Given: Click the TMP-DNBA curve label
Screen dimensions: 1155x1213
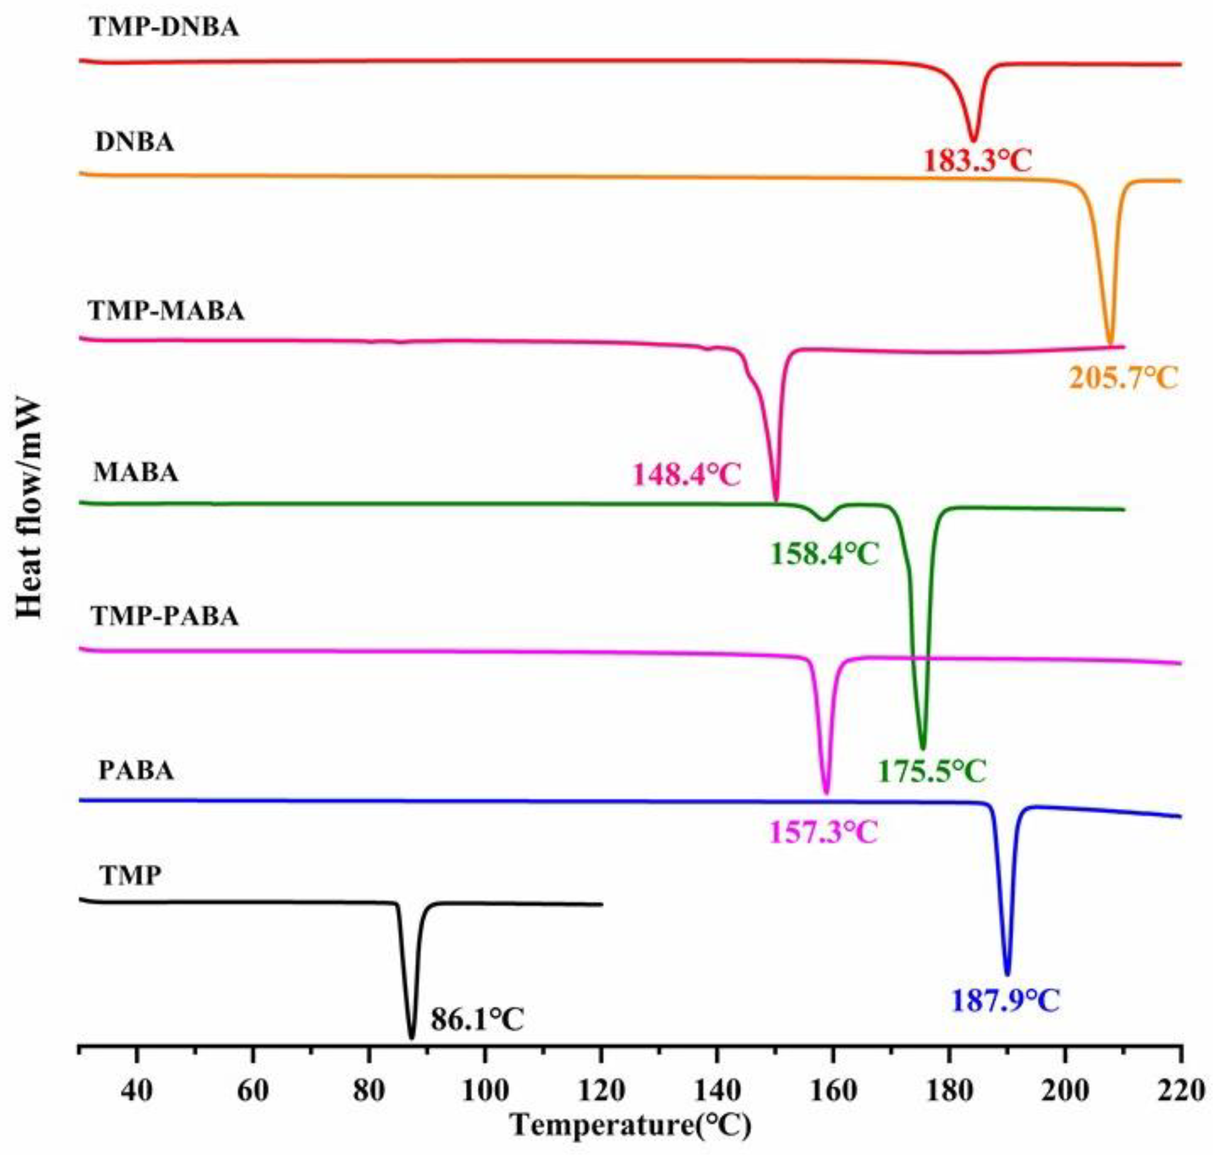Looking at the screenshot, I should coord(164,28).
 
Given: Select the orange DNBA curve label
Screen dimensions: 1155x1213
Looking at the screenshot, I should coord(134,143).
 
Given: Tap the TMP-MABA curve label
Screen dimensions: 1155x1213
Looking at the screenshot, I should coord(166,311).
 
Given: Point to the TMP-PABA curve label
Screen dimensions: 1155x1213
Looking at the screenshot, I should coord(164,616).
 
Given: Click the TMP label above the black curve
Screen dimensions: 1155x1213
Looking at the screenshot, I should coord(131,875).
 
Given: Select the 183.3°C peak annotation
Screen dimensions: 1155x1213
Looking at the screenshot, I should coord(977,162).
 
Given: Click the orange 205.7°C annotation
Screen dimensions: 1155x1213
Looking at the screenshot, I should coord(1123,379).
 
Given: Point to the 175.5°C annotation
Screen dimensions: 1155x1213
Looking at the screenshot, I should coord(932,771).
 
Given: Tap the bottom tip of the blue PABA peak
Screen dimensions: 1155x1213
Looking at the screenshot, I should coord(1007,973).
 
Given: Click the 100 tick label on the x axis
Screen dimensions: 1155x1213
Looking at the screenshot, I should coord(485,1090).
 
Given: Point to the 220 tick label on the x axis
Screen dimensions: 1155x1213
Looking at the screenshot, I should coord(1179,1090).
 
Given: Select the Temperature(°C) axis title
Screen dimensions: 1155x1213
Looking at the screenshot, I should coord(631,1126).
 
